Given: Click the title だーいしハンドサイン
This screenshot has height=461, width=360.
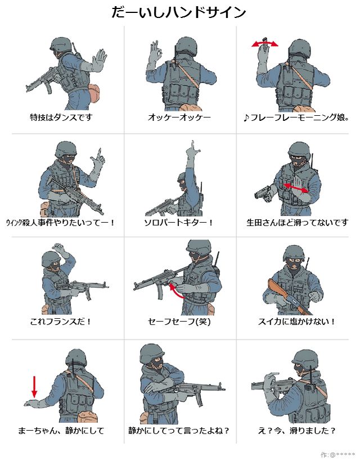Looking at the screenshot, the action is click(179, 12).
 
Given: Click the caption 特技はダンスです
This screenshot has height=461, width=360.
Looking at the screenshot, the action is click(61, 117).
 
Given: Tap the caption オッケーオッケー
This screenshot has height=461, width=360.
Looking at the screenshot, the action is click(179, 117).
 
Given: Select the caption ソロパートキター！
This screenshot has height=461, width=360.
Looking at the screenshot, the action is click(178, 222).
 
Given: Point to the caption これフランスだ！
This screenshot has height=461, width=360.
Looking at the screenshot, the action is click(61, 322).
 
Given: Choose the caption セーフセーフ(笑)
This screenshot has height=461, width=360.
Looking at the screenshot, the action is click(179, 322).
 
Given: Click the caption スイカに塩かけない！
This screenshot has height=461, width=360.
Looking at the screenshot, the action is click(297, 322).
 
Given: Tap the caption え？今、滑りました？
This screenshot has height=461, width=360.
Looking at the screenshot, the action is click(297, 431).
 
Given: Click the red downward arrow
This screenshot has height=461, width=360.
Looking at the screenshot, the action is click(34, 386).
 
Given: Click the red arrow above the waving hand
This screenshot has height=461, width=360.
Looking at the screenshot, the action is click(265, 44).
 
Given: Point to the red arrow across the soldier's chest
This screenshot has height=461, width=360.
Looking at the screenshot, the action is click(296, 188).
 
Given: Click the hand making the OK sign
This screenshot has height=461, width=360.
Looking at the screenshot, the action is click(155, 53).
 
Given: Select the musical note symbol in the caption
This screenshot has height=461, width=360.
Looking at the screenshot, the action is click(246, 118).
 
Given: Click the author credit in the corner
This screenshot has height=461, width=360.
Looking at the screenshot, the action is click(337, 455).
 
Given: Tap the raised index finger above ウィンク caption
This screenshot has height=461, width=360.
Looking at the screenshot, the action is click(100, 154).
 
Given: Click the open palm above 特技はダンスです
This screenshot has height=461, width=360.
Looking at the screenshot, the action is click(99, 60).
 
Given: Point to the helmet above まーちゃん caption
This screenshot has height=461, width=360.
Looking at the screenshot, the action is click(76, 359).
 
